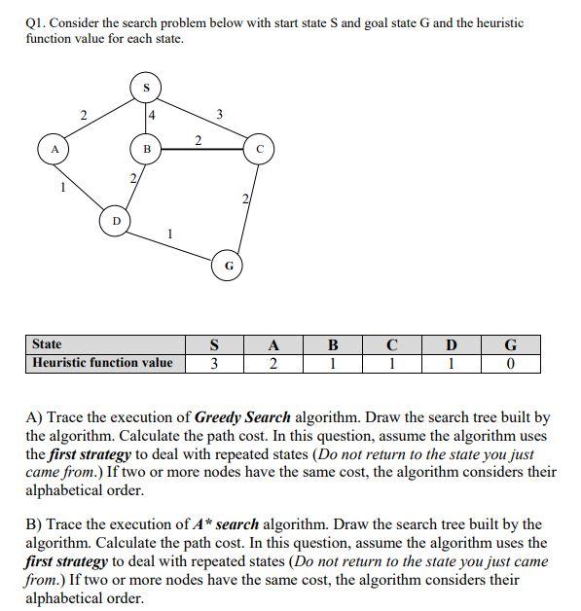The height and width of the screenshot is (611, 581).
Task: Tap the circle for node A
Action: (x=54, y=150)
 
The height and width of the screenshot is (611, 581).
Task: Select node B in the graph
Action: (x=147, y=150)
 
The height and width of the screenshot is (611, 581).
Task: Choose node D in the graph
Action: (x=118, y=222)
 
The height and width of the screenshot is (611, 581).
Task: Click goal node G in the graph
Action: (x=229, y=265)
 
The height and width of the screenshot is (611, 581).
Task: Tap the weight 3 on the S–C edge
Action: (x=219, y=116)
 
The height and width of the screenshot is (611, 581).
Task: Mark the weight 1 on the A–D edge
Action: (x=63, y=187)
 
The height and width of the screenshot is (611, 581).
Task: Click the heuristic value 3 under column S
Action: (x=213, y=364)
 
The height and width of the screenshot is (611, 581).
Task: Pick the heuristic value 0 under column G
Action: (x=510, y=364)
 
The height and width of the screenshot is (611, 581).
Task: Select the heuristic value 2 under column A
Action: (x=273, y=364)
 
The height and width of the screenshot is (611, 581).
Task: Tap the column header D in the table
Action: (x=450, y=344)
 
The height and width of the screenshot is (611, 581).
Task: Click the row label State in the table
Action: (x=47, y=343)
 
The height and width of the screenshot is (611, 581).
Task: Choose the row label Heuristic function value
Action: (x=102, y=363)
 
